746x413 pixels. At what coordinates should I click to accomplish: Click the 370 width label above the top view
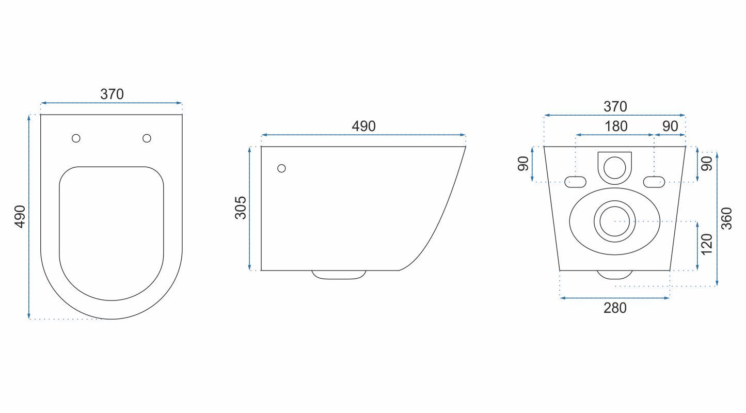pyautogui.click(x=112, y=94)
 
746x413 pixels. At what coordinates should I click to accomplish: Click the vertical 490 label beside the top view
pyautogui.click(x=20, y=217)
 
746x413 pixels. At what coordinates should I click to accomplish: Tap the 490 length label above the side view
pyautogui.click(x=363, y=126)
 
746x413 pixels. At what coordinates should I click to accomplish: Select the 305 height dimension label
pyautogui.click(x=241, y=208)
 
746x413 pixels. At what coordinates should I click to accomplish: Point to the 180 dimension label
pyautogui.click(x=616, y=126)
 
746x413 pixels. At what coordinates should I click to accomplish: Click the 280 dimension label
pyautogui.click(x=615, y=308)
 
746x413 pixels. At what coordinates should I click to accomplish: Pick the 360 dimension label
pyautogui.click(x=727, y=218)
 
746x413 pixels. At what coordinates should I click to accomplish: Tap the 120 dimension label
pyautogui.click(x=707, y=245)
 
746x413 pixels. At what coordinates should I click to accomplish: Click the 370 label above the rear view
pyautogui.click(x=615, y=106)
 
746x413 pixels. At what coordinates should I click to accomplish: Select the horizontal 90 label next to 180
pyautogui.click(x=670, y=126)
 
